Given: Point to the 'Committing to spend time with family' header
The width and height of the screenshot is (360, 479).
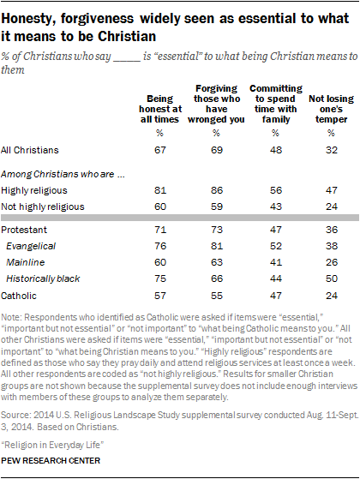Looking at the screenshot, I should click(x=273, y=103).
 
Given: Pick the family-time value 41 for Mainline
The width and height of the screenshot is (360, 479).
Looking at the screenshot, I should click(x=273, y=263).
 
